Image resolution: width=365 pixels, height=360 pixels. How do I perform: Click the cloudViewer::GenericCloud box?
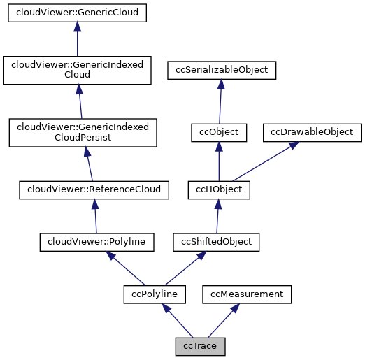click(x=78, y=13)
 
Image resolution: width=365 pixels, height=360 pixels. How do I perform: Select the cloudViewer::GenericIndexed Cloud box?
click(x=78, y=71)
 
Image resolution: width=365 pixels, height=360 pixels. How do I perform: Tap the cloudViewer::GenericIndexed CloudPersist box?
click(x=83, y=132)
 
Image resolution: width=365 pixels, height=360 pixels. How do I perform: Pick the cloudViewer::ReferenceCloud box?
click(x=94, y=189)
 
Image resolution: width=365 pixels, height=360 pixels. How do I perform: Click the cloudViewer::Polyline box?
click(x=96, y=242)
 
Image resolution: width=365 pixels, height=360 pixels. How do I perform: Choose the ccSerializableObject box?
click(x=222, y=70)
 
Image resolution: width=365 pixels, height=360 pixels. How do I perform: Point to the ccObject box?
click(x=219, y=131)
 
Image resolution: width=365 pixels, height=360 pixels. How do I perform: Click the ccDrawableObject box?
click(x=312, y=131)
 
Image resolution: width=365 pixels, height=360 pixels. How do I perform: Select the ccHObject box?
click(x=219, y=189)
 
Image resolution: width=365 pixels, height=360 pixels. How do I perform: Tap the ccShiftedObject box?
click(x=217, y=242)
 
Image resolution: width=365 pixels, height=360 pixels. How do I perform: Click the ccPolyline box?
click(x=155, y=294)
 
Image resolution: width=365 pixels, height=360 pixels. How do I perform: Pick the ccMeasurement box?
click(x=247, y=294)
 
